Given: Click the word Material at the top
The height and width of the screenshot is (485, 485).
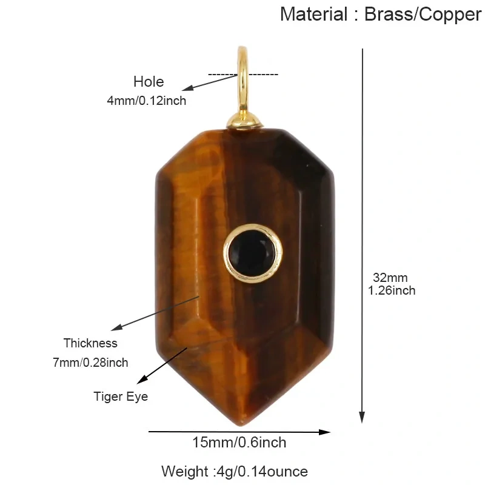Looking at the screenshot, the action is (x=313, y=14).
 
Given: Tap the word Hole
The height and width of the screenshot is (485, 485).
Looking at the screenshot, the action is (x=149, y=82).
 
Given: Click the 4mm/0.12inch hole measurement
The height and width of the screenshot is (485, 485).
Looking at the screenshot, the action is (x=147, y=101).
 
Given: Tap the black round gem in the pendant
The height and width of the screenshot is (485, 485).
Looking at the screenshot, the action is (x=252, y=253).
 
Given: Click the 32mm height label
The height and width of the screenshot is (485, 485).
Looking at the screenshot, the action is (x=390, y=278).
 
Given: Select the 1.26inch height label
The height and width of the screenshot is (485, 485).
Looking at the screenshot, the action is (x=392, y=290).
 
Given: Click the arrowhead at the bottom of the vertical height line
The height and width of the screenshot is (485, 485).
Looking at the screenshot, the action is (x=362, y=417).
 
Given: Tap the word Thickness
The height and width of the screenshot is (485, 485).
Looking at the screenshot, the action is (x=90, y=343).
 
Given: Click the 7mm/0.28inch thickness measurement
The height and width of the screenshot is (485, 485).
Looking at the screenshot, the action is (x=90, y=362).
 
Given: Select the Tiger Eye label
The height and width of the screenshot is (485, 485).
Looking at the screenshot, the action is (x=121, y=396).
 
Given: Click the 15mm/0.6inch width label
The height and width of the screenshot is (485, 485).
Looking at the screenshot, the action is (x=239, y=443).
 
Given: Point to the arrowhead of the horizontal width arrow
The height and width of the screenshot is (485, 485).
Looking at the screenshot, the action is (x=325, y=432).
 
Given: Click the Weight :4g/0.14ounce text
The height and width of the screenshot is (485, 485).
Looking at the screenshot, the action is (x=235, y=472).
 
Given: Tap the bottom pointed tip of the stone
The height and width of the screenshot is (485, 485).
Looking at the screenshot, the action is (x=241, y=425).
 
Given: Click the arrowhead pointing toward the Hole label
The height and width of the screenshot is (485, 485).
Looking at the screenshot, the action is (x=187, y=88).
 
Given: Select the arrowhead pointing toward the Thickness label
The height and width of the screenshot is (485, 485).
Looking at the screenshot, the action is (x=116, y=327).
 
